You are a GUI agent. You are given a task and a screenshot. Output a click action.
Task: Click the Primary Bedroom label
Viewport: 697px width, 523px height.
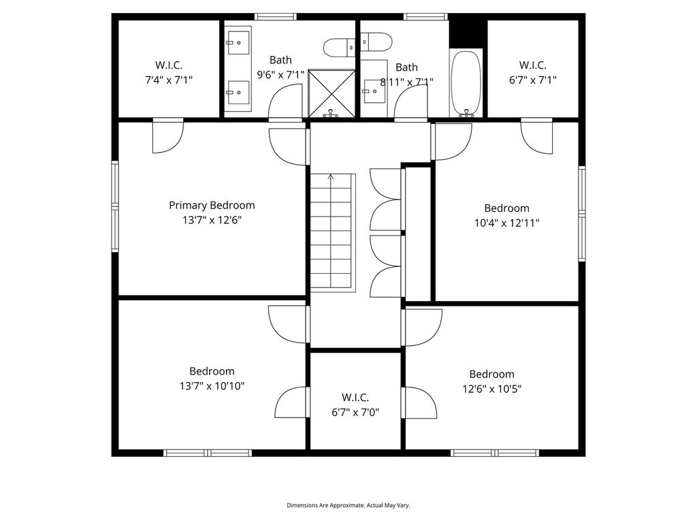coord(212,205)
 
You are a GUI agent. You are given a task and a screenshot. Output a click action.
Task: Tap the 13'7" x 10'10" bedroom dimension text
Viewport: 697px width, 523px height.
coord(212,385)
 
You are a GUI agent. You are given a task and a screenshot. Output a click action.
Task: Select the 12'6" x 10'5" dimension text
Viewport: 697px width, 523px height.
coord(491,389)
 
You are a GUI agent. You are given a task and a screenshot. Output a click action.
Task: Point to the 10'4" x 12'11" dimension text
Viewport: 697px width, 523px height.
coord(506,223)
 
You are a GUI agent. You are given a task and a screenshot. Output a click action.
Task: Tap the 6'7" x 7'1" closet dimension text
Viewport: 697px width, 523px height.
coord(532,80)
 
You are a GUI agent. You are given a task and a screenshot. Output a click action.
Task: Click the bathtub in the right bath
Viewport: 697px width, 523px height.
coord(466,83)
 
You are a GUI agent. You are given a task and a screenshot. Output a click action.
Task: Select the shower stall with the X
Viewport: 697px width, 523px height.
coord(331,93)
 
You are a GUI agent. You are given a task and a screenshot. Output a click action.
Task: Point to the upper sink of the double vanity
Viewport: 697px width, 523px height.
coord(238,43)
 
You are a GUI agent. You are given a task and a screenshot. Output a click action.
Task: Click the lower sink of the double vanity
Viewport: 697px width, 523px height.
coord(238,93)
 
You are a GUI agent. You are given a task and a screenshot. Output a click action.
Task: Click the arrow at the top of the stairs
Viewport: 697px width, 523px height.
coord(330,178)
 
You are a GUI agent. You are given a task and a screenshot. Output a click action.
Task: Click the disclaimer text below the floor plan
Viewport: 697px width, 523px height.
coord(348,505)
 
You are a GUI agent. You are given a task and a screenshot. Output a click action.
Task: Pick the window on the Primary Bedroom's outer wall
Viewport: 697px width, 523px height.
coord(115,206)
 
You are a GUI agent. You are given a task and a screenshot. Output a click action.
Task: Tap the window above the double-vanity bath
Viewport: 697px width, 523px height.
coord(276,17)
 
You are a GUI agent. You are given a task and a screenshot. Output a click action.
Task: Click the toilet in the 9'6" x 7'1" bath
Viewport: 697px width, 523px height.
coord(339,48)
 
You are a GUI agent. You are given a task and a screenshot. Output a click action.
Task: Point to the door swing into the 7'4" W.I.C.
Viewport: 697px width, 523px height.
coord(168,136)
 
